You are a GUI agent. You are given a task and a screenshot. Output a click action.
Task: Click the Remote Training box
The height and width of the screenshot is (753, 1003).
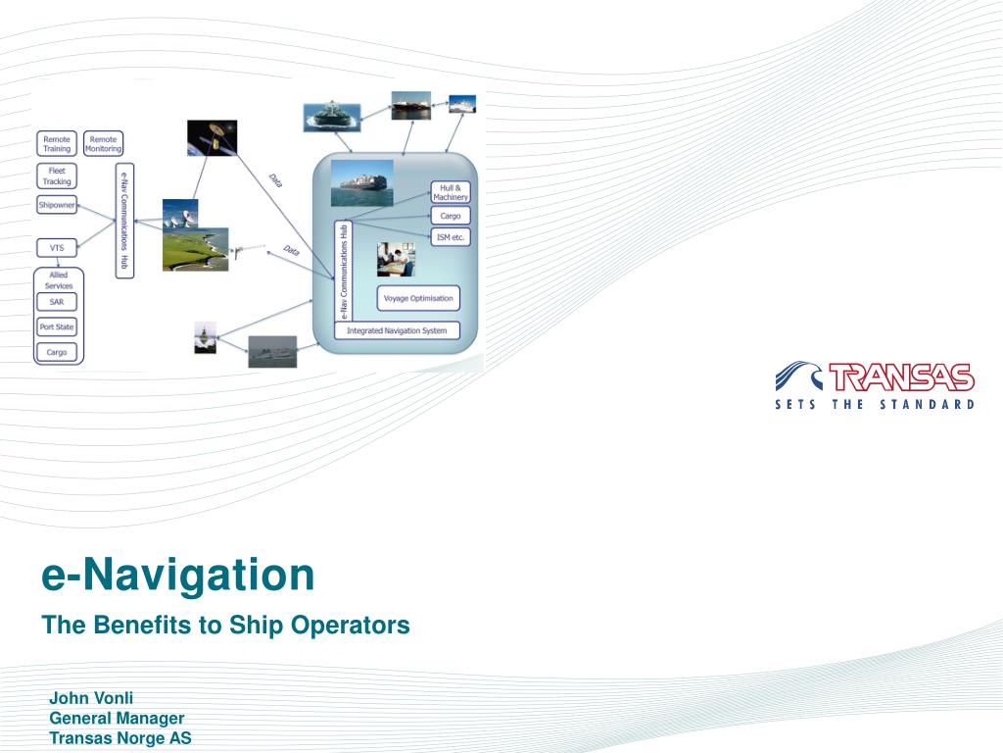[57, 144]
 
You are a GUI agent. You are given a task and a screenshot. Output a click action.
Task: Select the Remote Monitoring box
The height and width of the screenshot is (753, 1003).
[103, 144]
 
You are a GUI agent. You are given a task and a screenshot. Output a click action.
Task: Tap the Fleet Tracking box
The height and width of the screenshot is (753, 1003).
[57, 176]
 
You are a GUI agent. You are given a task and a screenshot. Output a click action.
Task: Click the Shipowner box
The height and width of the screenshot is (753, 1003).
[57, 206]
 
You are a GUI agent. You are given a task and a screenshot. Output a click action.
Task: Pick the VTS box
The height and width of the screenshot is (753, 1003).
[57, 247]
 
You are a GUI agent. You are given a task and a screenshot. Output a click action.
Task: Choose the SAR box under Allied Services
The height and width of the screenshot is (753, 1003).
[57, 302]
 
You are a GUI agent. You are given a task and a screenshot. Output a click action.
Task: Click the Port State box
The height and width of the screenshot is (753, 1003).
[57, 326]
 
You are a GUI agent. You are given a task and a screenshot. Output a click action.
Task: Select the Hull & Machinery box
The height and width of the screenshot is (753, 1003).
[451, 192]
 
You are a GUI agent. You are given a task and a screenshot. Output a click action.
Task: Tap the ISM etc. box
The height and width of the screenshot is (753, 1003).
[451, 236]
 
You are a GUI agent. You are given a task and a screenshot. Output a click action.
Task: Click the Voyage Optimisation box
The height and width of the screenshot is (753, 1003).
[418, 298]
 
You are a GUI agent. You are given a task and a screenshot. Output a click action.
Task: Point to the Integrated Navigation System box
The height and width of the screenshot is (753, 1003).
[398, 330]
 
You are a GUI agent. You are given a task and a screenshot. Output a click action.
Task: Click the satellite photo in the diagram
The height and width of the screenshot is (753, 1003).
[212, 138]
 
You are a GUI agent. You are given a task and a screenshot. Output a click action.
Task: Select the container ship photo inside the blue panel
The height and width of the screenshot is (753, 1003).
[361, 183]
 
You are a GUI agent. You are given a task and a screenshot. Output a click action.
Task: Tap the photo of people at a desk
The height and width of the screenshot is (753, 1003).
[396, 259]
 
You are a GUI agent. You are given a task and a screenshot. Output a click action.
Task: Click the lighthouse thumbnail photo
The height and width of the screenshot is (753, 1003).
[205, 337]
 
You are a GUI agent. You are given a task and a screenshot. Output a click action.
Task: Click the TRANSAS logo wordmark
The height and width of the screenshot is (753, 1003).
[901, 377]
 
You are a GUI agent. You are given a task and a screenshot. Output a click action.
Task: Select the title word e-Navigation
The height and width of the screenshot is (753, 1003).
[178, 576]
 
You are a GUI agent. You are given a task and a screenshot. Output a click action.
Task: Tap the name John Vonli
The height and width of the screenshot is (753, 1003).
[91, 699]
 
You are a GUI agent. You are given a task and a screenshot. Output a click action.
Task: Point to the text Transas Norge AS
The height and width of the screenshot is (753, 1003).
[120, 738]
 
